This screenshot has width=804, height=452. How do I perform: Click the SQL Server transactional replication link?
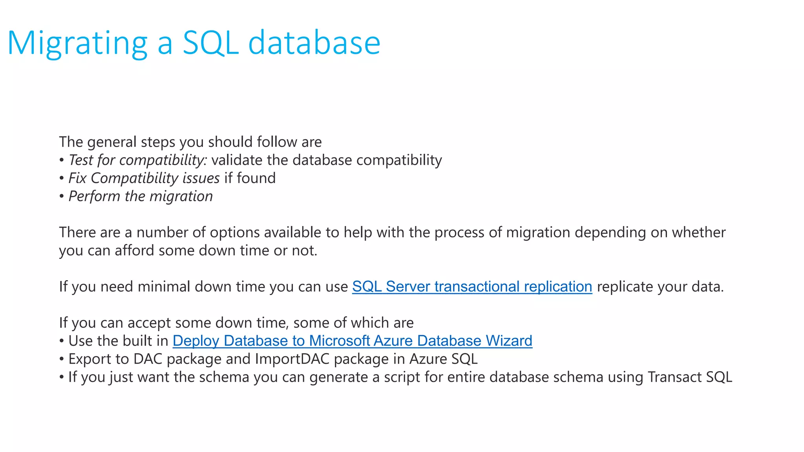(472, 287)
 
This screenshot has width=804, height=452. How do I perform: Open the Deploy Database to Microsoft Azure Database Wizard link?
(352, 341)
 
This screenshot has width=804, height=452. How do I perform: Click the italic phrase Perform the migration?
(141, 196)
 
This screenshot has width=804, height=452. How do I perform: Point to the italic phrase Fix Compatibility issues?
(144, 178)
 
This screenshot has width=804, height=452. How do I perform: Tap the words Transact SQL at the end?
(690, 377)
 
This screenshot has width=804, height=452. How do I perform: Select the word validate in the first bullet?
(237, 160)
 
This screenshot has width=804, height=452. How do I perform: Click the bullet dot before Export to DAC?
(62, 359)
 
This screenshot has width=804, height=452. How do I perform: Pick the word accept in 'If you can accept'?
(149, 323)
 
